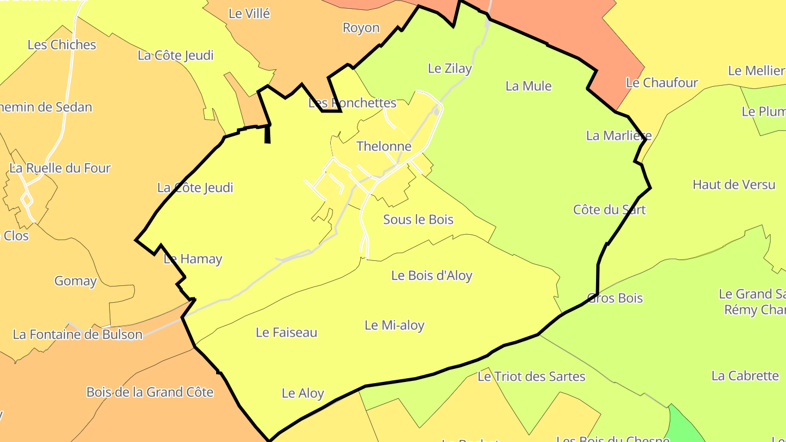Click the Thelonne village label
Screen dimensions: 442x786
coord(384,146)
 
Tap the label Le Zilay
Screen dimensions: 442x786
coord(450,69)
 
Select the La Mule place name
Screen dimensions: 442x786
coord(528,86)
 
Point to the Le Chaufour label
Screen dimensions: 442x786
coord(662,83)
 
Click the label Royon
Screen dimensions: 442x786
coord(361,28)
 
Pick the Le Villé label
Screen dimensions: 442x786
coord(249,14)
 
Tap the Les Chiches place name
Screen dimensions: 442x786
coord(62,45)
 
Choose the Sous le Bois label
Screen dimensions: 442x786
coord(418,219)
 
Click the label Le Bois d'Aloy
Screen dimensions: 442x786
coord(432,276)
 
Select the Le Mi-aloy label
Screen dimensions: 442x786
coord(394,326)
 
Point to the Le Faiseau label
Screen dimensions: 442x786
coord(287,332)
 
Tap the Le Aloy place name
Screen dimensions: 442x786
coord(303,393)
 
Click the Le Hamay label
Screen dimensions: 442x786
coord(193,259)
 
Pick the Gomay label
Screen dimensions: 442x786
coord(75,281)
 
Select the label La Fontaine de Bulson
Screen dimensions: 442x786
coord(78,335)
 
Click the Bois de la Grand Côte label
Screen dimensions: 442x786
coord(150,392)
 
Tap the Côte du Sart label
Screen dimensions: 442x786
coord(609,210)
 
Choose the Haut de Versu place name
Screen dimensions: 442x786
coord(734,184)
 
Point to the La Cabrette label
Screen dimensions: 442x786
coord(745,375)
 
